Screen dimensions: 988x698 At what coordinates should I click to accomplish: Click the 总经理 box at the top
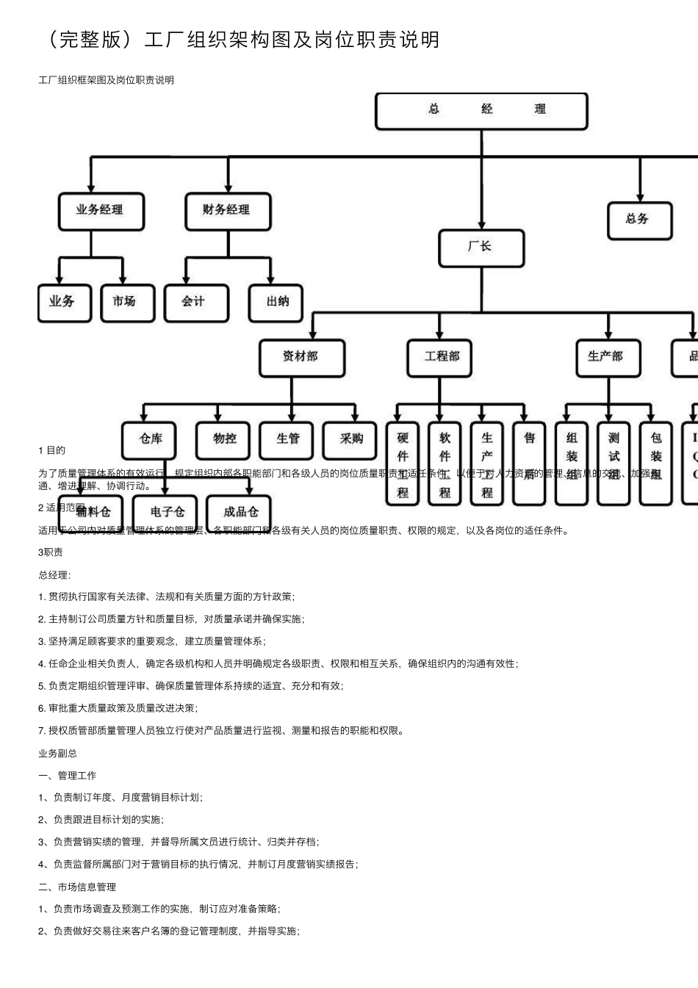click(x=481, y=111)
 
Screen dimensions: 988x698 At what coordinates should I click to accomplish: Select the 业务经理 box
click(x=101, y=211)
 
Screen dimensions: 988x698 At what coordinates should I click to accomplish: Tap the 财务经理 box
click(x=227, y=211)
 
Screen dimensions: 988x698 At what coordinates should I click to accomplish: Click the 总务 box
click(x=639, y=220)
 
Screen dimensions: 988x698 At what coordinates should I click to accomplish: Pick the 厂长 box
click(x=481, y=248)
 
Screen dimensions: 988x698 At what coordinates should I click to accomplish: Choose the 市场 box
click(x=126, y=303)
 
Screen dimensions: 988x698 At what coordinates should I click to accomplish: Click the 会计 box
click(x=195, y=303)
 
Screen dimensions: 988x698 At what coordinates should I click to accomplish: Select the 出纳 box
click(x=276, y=303)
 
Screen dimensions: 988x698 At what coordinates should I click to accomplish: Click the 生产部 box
click(x=607, y=358)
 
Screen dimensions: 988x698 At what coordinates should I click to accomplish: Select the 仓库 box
click(x=152, y=440)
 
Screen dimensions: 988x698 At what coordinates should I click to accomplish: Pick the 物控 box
click(x=226, y=440)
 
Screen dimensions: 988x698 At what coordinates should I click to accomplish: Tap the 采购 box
click(x=352, y=440)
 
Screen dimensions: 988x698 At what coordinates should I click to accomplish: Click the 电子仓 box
click(x=167, y=512)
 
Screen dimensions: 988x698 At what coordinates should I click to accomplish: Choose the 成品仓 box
click(x=241, y=512)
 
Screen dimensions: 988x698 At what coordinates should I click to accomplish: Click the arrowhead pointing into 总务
click(x=640, y=197)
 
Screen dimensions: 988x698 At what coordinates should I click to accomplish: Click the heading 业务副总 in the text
click(x=57, y=753)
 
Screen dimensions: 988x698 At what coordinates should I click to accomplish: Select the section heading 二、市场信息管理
click(x=77, y=887)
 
